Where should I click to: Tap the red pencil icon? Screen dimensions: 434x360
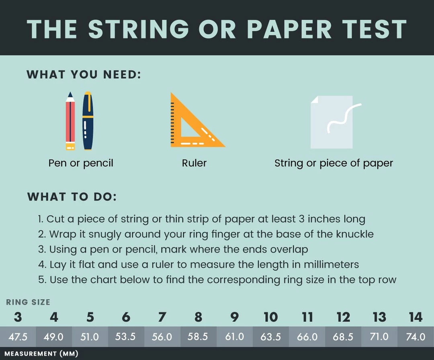click(70, 121)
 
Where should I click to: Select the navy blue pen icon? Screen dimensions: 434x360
click(88, 121)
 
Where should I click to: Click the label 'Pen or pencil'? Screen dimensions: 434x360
click(81, 163)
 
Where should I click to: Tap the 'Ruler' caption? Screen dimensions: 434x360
click(194, 163)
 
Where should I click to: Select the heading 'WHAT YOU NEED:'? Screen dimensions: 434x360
click(84, 75)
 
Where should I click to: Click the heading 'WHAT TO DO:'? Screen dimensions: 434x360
click(72, 197)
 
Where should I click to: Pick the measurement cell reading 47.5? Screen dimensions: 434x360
click(18, 337)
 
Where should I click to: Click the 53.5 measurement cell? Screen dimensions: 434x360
click(125, 337)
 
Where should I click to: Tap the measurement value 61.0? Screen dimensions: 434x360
click(234, 337)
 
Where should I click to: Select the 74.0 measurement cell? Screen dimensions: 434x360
click(416, 337)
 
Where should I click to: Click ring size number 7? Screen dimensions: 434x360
click(162, 317)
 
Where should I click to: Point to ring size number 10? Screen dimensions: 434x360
click(270, 317)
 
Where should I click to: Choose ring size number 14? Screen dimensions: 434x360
click(416, 317)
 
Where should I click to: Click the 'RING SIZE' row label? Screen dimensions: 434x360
click(28, 302)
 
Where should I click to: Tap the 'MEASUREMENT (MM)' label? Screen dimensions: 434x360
click(41, 354)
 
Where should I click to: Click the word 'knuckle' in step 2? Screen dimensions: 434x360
click(355, 234)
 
